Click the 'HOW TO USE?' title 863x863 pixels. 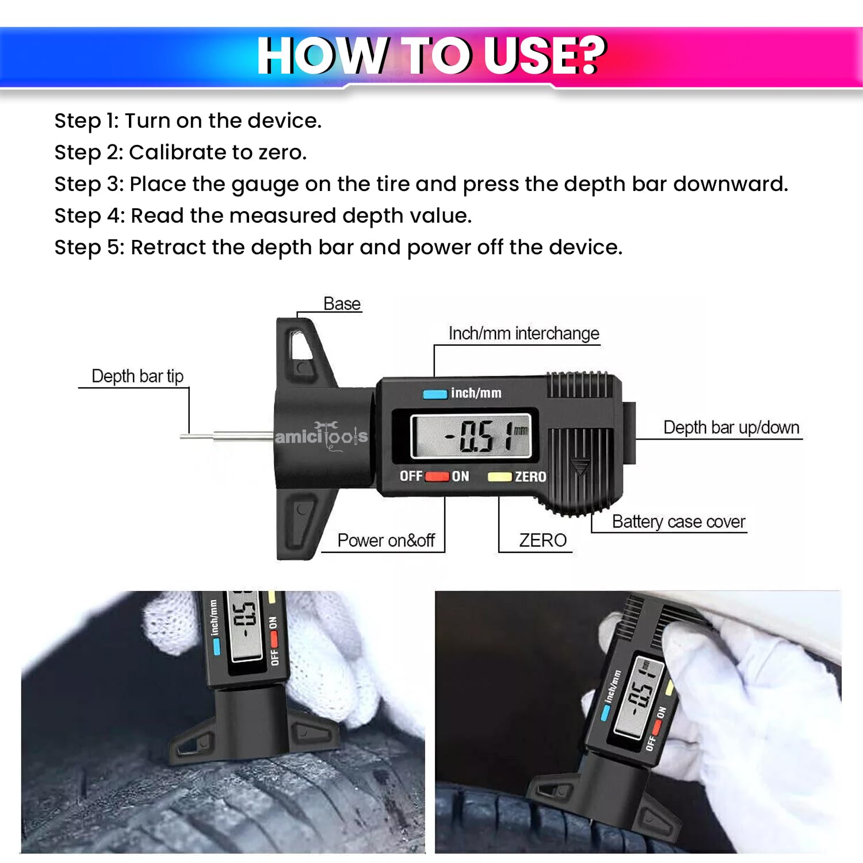click(x=431, y=55)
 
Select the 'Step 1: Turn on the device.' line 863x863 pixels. click(x=188, y=121)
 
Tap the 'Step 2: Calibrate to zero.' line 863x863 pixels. click(x=180, y=152)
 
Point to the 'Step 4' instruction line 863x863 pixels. click(x=262, y=216)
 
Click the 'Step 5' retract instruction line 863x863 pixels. click(x=338, y=247)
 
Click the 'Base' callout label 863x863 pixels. click(x=342, y=304)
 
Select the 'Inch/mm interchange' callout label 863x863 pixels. click(x=523, y=334)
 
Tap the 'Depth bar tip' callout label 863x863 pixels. click(x=137, y=376)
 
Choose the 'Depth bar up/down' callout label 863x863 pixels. click(x=731, y=427)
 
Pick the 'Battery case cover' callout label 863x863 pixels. click(x=678, y=522)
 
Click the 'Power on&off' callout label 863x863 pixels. click(x=385, y=540)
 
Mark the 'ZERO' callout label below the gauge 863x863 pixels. click(x=542, y=540)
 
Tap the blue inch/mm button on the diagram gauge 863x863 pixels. click(x=434, y=394)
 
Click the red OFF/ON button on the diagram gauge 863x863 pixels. click(x=437, y=477)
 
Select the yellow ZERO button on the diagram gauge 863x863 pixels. click(x=499, y=477)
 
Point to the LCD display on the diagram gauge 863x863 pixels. click(x=471, y=437)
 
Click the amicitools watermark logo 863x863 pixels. click(x=320, y=437)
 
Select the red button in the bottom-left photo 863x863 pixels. click(x=274, y=639)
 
